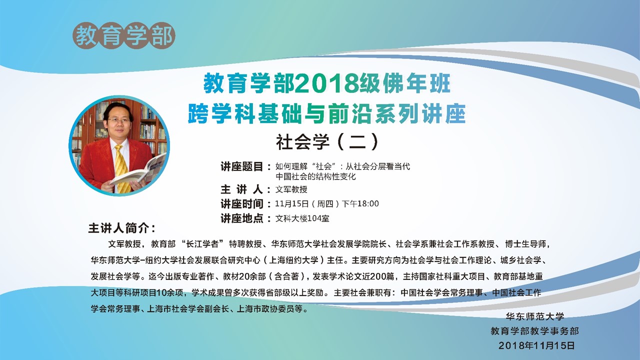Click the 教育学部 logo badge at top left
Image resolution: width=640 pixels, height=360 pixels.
123,35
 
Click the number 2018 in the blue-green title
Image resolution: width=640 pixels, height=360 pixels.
326,84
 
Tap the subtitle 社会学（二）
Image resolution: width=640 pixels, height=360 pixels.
327,141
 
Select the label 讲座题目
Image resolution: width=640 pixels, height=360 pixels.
242,166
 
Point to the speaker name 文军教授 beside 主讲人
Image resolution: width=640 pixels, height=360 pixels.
291,189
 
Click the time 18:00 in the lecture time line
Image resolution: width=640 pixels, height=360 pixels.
368,203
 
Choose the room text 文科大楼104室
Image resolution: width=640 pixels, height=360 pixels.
302,218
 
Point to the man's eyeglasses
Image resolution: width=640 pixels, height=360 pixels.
118,120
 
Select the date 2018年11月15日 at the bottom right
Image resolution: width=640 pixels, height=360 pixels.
536,345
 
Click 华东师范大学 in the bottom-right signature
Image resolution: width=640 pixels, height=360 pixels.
535,316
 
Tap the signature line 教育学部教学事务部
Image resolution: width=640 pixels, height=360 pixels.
535,331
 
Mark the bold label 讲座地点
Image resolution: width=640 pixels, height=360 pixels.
242,218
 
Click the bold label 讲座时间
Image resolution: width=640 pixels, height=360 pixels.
242,204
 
